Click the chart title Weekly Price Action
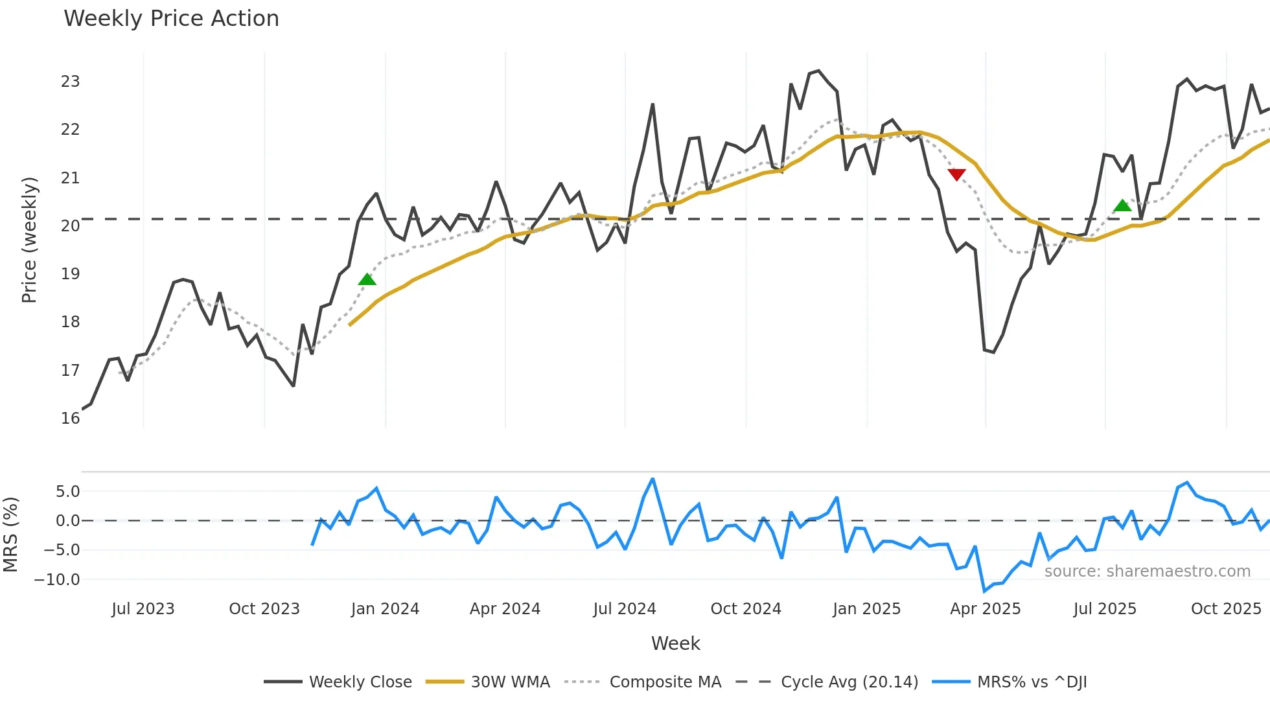coord(171,19)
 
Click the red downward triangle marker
coord(956,174)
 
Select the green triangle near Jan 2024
coord(367,279)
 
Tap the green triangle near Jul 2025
coord(1122,205)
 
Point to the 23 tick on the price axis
coord(70,82)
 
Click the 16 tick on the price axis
coord(70,419)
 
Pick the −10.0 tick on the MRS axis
coord(57,580)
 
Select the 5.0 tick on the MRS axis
coord(67,492)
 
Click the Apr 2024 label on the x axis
coord(505,609)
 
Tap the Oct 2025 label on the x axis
coord(1226,609)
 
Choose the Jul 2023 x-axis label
coord(143,609)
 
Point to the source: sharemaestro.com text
coord(1147,571)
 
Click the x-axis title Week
coord(675,643)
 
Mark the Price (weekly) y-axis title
coord(29,240)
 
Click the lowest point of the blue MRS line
coord(984,591)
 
